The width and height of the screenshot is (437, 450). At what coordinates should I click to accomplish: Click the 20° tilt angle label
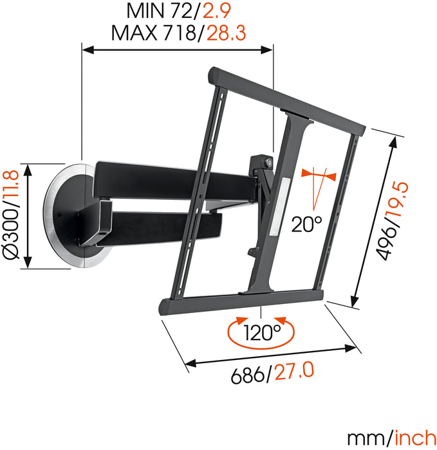click(306, 225)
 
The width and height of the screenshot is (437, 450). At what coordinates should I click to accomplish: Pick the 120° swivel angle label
click(262, 333)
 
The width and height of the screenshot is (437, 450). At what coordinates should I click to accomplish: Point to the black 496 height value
click(388, 242)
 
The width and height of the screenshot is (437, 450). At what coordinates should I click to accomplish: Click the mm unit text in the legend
click(366, 437)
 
